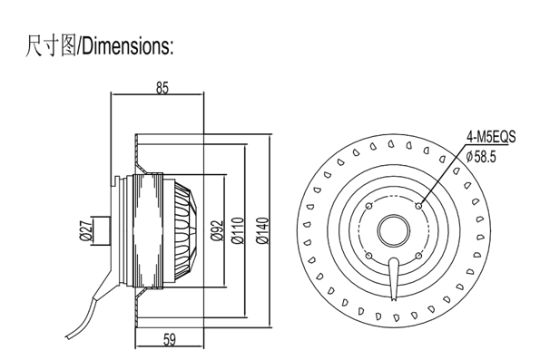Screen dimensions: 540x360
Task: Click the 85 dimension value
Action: tap(162, 88)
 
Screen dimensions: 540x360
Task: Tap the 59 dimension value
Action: tap(170, 340)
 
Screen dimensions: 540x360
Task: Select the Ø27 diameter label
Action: tap(85, 230)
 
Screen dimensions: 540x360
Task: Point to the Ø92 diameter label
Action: tap(217, 230)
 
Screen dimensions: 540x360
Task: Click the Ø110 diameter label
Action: tap(238, 230)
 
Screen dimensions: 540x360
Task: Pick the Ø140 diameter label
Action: tap(262, 230)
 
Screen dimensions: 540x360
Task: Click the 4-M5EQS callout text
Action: tap(491, 137)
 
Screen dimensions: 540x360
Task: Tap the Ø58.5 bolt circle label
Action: tap(481, 157)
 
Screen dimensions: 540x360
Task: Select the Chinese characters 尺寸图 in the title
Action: tap(52, 45)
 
